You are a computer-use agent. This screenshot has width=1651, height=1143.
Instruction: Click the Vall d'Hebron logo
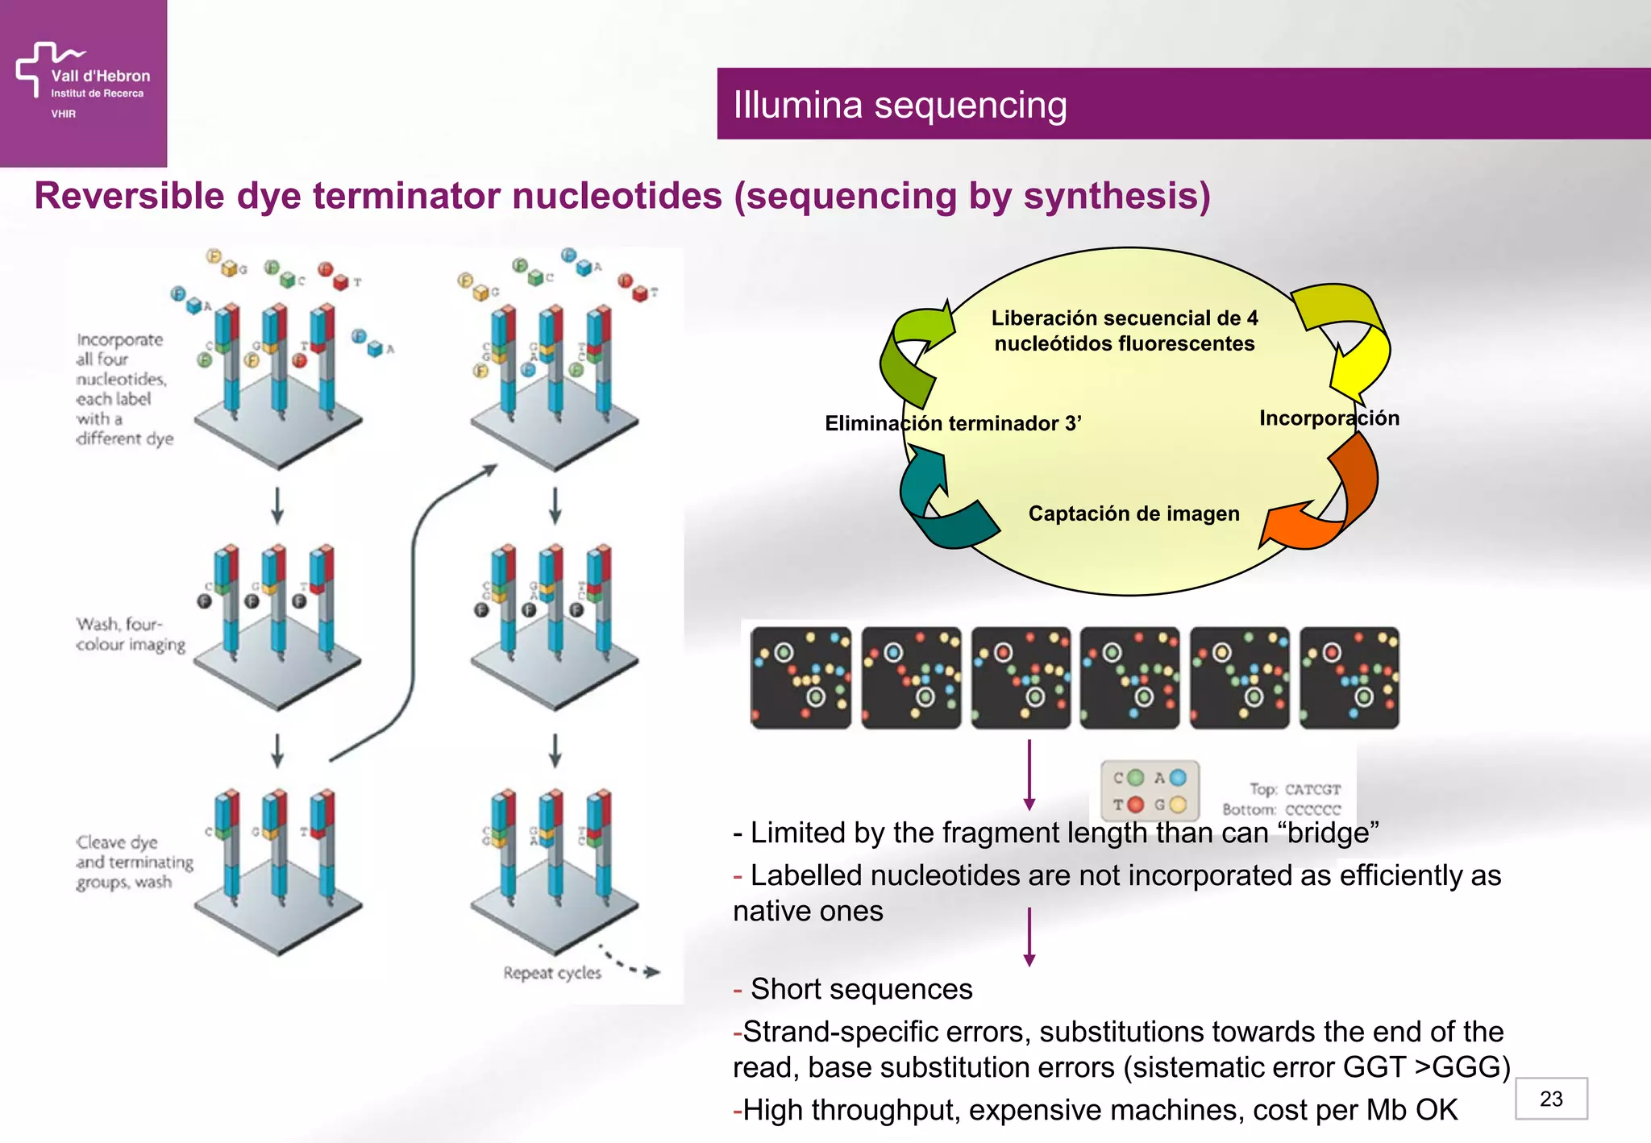[x=82, y=81]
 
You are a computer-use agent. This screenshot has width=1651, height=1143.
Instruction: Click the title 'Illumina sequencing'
[x=900, y=105]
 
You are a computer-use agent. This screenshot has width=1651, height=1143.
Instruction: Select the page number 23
[x=1550, y=1099]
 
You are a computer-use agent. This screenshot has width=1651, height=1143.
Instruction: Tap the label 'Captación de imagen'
[x=1133, y=513]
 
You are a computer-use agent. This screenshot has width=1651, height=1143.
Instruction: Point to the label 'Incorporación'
[x=1329, y=418]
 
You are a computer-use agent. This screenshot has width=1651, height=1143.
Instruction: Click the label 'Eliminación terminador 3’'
[x=952, y=423]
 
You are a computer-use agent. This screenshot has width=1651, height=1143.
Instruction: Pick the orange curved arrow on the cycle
[x=1330, y=500]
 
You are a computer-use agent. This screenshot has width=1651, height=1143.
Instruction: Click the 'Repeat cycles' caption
[x=552, y=973]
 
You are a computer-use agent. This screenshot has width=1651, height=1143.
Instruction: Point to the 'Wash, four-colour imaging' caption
[x=130, y=634]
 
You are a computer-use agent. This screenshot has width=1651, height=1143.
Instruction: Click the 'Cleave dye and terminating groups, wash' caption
[x=134, y=862]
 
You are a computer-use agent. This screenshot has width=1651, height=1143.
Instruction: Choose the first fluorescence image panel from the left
[x=801, y=678]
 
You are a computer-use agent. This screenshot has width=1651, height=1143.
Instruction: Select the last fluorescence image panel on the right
[x=1349, y=678]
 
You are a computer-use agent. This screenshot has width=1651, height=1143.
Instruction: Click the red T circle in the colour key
[x=1135, y=804]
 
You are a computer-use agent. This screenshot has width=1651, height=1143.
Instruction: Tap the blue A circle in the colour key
[x=1178, y=778]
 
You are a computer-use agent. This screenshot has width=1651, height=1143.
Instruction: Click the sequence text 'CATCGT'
[x=1312, y=789]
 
